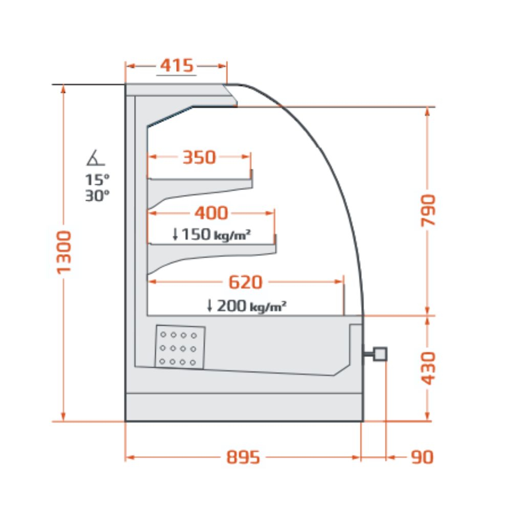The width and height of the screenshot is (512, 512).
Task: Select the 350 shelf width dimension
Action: click(199, 157)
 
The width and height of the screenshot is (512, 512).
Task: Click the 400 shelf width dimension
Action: click(211, 213)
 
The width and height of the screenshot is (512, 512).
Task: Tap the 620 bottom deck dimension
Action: click(246, 282)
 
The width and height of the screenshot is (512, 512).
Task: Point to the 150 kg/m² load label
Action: click(211, 234)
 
